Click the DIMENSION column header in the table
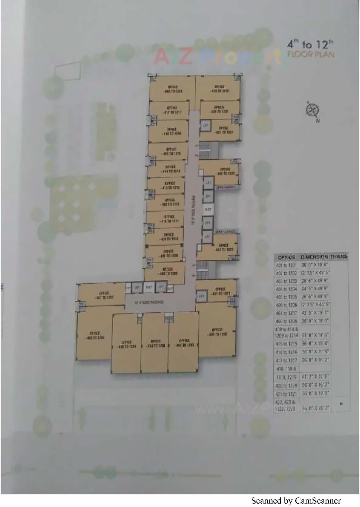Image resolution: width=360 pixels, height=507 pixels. [314, 257]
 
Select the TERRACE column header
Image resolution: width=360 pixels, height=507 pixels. [339, 257]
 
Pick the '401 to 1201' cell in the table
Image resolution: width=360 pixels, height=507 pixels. [286, 265]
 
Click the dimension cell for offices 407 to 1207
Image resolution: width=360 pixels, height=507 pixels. [315, 313]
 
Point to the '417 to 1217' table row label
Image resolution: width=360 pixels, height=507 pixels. [286, 360]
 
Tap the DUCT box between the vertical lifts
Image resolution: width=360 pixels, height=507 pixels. [208, 209]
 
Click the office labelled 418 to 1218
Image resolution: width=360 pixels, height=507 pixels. [172, 89]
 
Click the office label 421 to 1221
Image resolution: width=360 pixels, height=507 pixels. [224, 130]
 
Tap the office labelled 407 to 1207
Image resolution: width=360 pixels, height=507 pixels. [104, 295]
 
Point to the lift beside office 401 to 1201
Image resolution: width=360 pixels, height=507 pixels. [201, 296]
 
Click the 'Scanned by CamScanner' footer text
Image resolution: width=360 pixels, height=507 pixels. [296, 501]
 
